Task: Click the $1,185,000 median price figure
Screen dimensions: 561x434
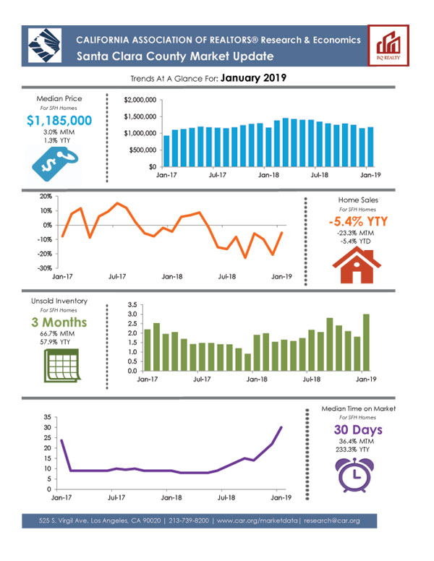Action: coord(59,120)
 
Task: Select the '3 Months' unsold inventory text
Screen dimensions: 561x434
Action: coord(59,322)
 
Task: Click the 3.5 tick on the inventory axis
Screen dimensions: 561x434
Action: coord(131,305)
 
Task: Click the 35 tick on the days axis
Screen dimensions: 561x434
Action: coord(46,417)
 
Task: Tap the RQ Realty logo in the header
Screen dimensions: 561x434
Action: coord(388,44)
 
